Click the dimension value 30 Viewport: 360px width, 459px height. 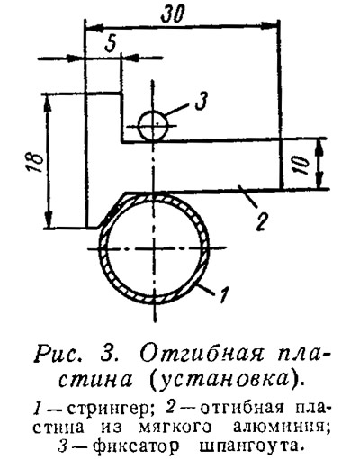[x=172, y=14]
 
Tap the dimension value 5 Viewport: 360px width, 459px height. [x=110, y=44]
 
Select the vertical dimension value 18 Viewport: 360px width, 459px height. [x=36, y=160]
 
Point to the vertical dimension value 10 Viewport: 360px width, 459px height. [x=303, y=165]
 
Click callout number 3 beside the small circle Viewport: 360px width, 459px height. [x=201, y=101]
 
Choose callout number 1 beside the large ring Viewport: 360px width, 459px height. [x=223, y=295]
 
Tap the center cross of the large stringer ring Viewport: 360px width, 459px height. [x=155, y=248]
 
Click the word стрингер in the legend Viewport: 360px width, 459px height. [x=108, y=409]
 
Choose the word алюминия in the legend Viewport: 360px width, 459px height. [x=278, y=427]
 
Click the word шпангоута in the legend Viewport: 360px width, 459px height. [x=249, y=446]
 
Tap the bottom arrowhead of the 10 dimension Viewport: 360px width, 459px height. [x=320, y=179]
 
